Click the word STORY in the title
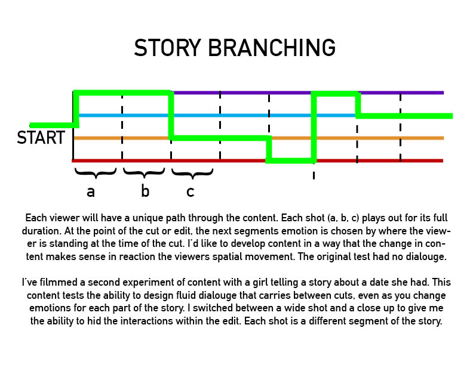(167, 48)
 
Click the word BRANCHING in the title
(272, 48)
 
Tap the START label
(41, 138)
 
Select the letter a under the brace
(91, 191)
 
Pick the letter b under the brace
(145, 190)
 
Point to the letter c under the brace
(191, 191)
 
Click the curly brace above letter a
(96, 173)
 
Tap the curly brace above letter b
(144, 173)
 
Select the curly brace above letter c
(192, 173)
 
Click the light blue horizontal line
(217, 115)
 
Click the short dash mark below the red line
(314, 175)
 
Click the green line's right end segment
(404, 116)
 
